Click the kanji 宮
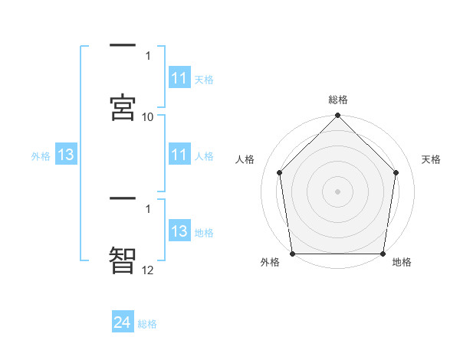click(123, 108)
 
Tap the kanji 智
click(123, 261)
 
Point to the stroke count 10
click(147, 116)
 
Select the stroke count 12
click(147, 270)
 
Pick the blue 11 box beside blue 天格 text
click(179, 78)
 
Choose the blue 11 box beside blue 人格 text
click(179, 155)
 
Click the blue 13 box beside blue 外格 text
click(66, 155)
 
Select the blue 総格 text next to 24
click(147, 324)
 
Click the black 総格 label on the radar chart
click(338, 100)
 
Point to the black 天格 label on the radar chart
click(432, 159)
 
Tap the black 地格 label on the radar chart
click(402, 263)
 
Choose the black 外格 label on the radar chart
click(270, 263)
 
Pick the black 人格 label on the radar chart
click(245, 159)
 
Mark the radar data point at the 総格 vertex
click(338, 116)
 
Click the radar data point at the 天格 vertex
click(396, 172)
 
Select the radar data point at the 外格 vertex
click(293, 254)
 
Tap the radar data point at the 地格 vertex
click(383, 254)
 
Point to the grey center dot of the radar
click(338, 191)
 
